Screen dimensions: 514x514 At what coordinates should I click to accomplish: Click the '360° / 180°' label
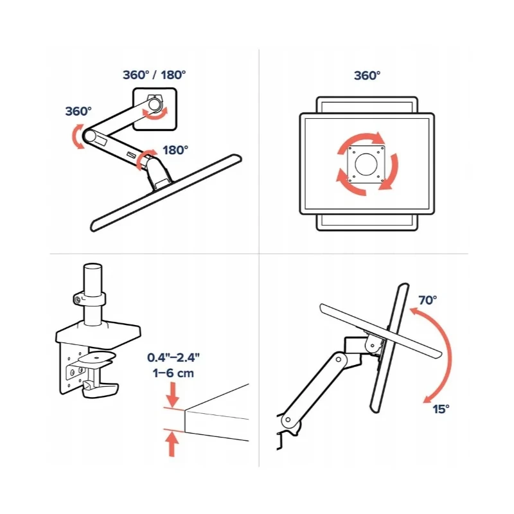[154, 75]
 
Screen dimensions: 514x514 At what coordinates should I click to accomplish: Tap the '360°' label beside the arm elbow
[79, 111]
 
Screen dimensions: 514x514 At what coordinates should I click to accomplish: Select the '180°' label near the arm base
[175, 150]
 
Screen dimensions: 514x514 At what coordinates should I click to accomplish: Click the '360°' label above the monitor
[367, 75]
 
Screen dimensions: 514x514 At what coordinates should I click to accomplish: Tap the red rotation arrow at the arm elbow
[78, 136]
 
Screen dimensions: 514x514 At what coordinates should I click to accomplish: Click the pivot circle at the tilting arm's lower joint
[291, 422]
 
